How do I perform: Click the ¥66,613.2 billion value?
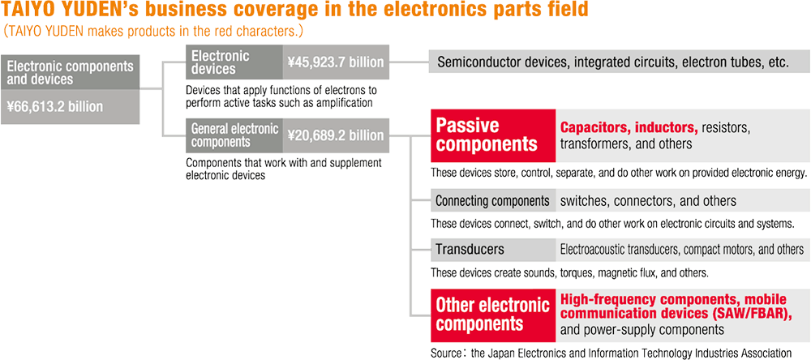pyautogui.click(x=55, y=107)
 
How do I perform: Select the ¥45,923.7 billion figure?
pyautogui.click(x=336, y=62)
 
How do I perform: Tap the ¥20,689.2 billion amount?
pyautogui.click(x=336, y=135)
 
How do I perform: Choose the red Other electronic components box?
pyautogui.click(x=493, y=315)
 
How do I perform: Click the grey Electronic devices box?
pyautogui.click(x=234, y=62)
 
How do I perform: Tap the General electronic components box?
pyautogui.click(x=234, y=135)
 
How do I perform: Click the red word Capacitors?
pyautogui.click(x=594, y=127)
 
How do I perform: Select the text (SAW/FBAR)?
pyautogui.click(x=743, y=314)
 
